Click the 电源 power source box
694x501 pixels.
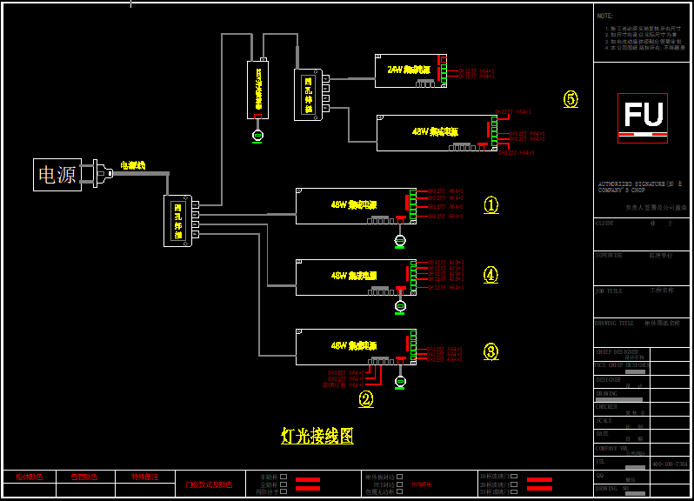click(57, 175)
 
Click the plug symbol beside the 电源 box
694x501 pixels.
click(99, 175)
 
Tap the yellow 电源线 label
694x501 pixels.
click(132, 165)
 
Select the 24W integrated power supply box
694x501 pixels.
click(409, 70)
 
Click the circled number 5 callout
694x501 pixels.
click(571, 99)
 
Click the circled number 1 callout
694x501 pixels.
click(491, 205)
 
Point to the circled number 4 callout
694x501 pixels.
click(491, 275)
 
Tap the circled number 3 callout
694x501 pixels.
click(491, 351)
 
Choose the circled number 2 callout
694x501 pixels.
click(366, 399)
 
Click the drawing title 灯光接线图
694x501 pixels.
click(317, 436)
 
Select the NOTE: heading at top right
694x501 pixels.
click(605, 16)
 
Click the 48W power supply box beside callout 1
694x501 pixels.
click(355, 205)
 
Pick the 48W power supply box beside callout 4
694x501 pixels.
click(355, 276)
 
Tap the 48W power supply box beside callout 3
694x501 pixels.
click(355, 346)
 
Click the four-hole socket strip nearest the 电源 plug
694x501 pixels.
click(178, 220)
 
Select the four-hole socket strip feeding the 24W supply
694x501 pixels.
click(308, 94)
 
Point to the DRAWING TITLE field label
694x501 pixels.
click(614, 323)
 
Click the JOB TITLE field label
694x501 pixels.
click(609, 291)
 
